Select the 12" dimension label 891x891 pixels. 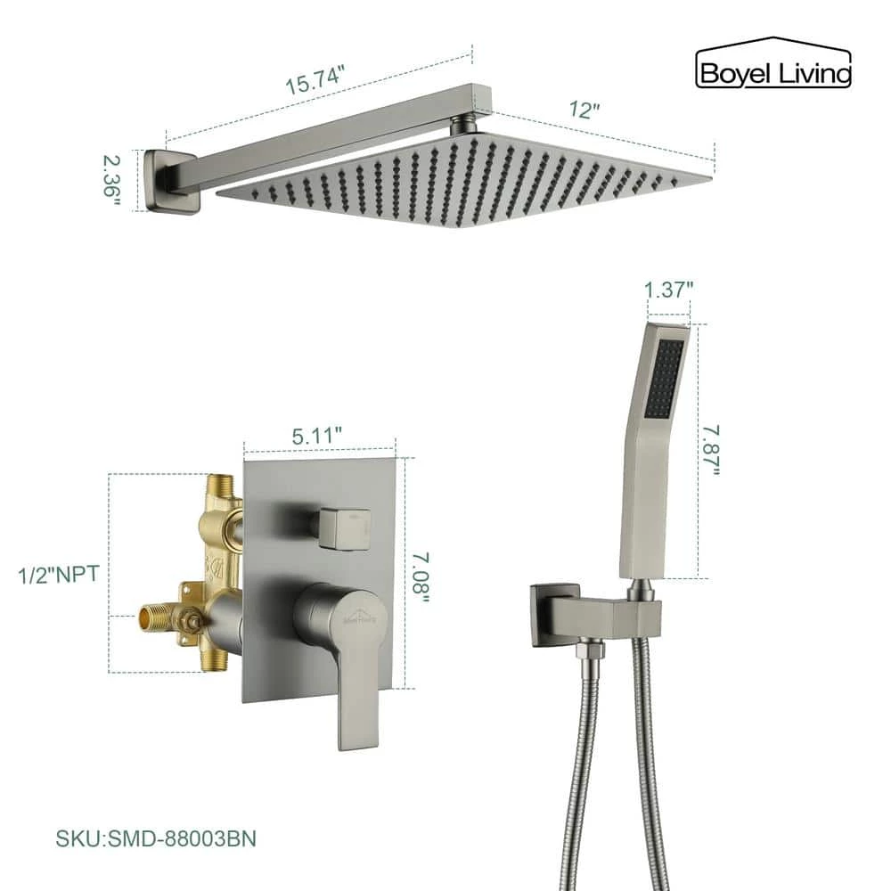click(584, 110)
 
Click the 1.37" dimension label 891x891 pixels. click(668, 290)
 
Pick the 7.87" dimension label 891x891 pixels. click(710, 451)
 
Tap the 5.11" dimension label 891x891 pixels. click(317, 436)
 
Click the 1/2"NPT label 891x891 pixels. click(59, 574)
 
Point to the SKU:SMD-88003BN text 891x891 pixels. click(156, 838)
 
